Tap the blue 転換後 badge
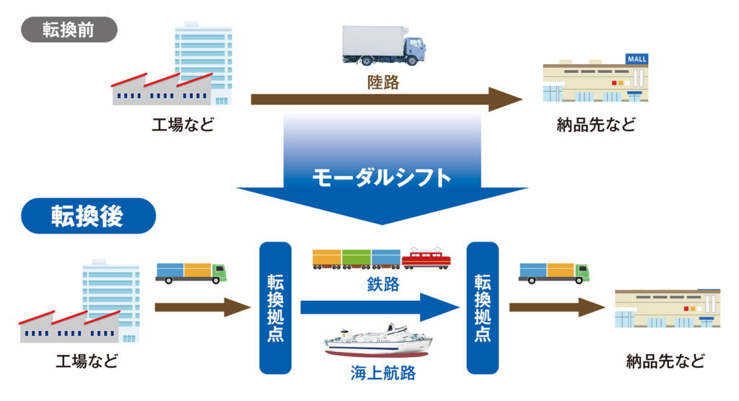[x=87, y=216]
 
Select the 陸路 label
[x=382, y=82]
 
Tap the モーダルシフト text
[x=382, y=176]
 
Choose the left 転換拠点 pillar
[x=275, y=308]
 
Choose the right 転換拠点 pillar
[x=483, y=308]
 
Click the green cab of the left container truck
[x=219, y=271]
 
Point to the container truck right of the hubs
[x=554, y=271]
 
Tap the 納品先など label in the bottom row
[x=665, y=361]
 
